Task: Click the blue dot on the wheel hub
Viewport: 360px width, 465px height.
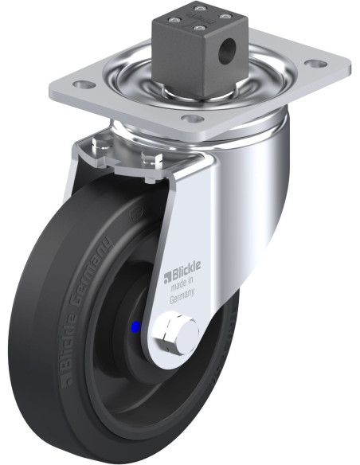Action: click(x=135, y=326)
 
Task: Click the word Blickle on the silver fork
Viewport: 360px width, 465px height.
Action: click(x=186, y=268)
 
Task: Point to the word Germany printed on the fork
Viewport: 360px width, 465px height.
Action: click(x=182, y=295)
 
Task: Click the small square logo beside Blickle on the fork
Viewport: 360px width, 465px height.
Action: click(x=168, y=276)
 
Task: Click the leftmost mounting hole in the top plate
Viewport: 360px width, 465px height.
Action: click(x=84, y=84)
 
